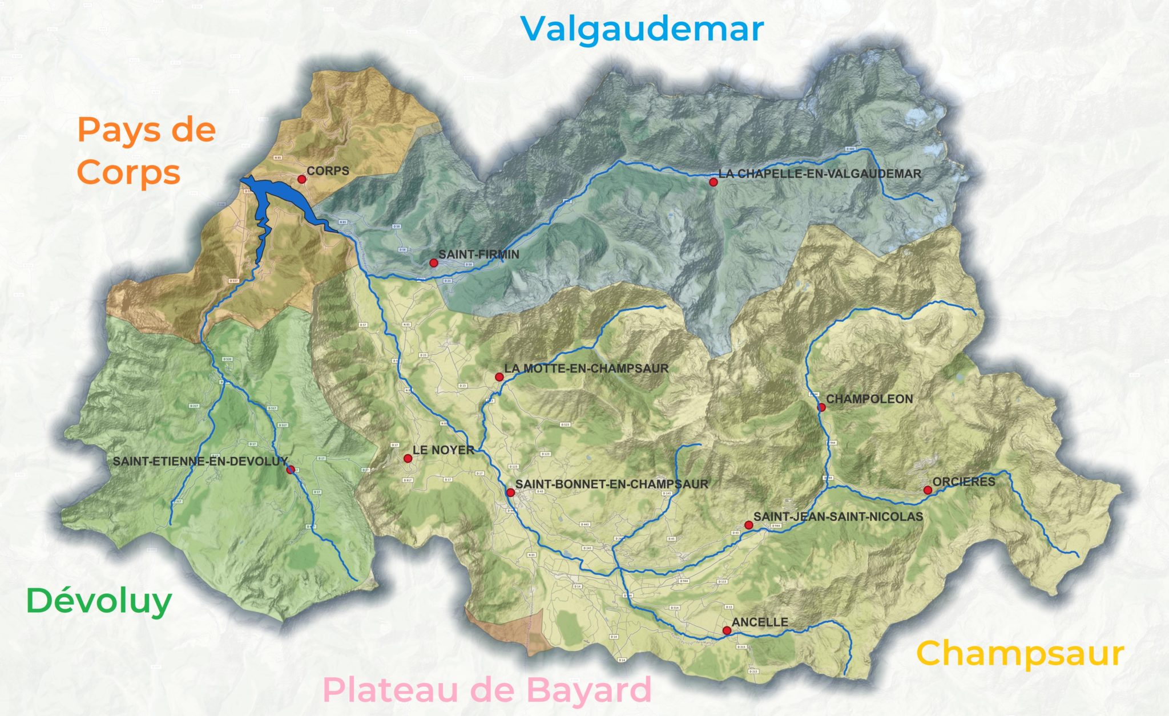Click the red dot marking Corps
pos(302,179)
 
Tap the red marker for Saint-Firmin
pos(434,263)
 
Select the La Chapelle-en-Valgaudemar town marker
pos(713,182)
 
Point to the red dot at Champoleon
pos(821,407)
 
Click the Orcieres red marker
pos(928,490)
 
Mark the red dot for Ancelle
pos(727,630)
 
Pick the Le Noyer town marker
pos(408,458)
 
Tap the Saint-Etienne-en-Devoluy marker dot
pos(290,470)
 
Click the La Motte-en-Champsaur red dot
pos(499,377)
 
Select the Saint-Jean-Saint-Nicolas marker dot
pos(748,525)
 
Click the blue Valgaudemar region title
pos(642,30)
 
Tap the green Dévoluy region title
pos(99,601)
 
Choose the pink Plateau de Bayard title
pos(487,690)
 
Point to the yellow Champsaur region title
pos(1019,654)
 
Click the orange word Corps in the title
pos(129,172)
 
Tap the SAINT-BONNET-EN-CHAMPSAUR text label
pos(611,484)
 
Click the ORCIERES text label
pos(964,482)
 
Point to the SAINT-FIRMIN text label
pos(478,254)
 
